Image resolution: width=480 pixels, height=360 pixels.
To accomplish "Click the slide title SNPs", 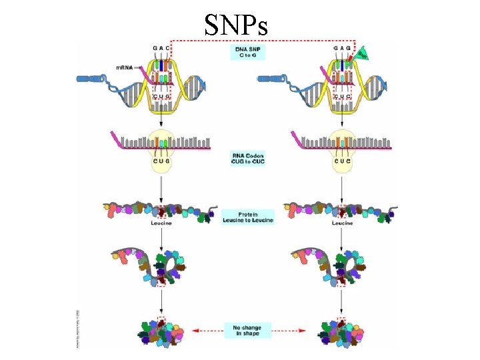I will [x=237, y=25].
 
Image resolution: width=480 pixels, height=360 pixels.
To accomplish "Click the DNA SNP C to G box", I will [x=248, y=52].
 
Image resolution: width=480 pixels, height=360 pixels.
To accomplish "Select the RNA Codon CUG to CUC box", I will [x=247, y=158].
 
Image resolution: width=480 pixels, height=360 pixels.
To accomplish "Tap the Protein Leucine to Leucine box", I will [x=248, y=216].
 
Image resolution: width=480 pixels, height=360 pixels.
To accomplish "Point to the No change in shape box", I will [x=247, y=330].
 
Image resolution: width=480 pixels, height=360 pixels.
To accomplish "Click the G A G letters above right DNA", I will [x=342, y=49].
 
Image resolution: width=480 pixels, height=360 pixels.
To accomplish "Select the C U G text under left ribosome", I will [x=161, y=160].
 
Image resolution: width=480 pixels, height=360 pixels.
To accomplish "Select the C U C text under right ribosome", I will [x=343, y=160].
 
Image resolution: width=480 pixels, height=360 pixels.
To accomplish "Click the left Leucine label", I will [x=161, y=223].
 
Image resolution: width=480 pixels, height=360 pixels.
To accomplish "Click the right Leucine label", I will [x=343, y=223].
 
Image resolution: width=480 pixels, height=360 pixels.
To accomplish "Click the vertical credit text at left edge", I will [x=79, y=328].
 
